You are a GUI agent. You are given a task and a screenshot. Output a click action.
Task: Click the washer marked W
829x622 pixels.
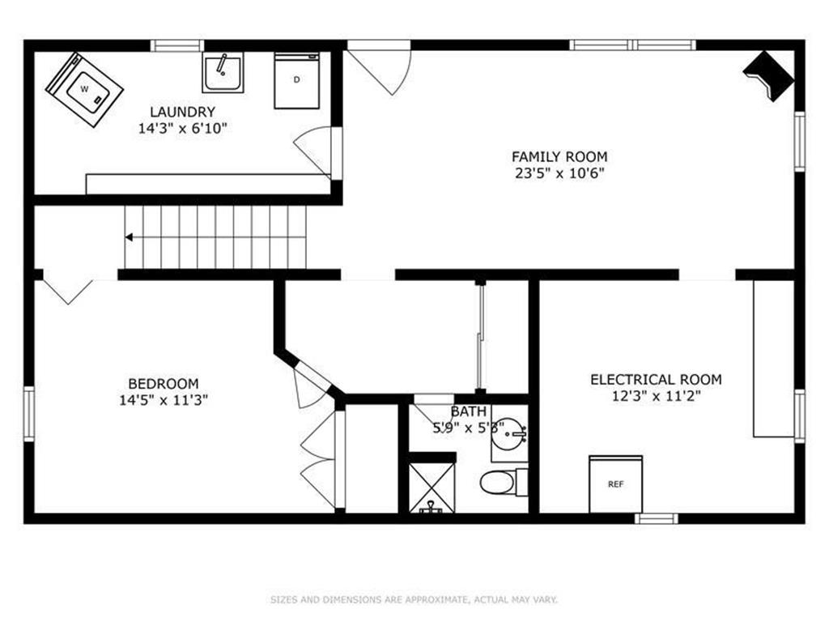pyautogui.click(x=84, y=90)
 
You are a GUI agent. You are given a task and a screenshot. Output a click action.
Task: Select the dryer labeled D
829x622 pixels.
pyautogui.click(x=296, y=80)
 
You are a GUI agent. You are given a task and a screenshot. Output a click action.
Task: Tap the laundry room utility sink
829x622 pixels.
pyautogui.click(x=223, y=72)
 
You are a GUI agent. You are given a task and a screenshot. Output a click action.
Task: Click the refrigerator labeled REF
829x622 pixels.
pyautogui.click(x=616, y=484)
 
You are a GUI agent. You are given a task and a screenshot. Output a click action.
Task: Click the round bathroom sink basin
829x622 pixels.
pyautogui.click(x=511, y=433)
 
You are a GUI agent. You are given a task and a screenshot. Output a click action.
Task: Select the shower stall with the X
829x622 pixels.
pyautogui.click(x=432, y=488)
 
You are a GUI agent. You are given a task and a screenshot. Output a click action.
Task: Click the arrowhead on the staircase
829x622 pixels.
pyautogui.click(x=129, y=237)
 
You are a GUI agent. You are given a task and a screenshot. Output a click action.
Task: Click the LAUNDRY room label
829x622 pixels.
pyautogui.click(x=182, y=112)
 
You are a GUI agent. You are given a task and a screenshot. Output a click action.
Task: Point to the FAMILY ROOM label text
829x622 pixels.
pyautogui.click(x=559, y=156)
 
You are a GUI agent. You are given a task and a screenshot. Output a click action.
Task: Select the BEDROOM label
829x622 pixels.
pyautogui.click(x=164, y=383)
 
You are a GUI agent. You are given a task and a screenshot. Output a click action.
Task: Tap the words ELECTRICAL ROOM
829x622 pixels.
pyautogui.click(x=656, y=380)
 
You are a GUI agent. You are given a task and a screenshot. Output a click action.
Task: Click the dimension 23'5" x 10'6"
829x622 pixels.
pyautogui.click(x=559, y=173)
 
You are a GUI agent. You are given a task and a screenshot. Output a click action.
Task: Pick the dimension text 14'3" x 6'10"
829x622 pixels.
pyautogui.click(x=182, y=129)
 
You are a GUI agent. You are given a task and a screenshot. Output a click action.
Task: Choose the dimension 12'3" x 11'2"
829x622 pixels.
pyautogui.click(x=656, y=396)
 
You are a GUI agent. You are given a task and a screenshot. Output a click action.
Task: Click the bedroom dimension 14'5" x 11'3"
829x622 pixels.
pyautogui.click(x=164, y=400)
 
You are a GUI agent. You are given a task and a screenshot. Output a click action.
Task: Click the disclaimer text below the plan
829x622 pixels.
pyautogui.click(x=414, y=599)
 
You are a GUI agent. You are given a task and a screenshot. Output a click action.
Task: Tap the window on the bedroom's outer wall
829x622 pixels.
pyautogui.click(x=28, y=414)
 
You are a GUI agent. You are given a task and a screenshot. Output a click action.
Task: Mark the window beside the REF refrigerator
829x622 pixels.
pyautogui.click(x=656, y=518)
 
